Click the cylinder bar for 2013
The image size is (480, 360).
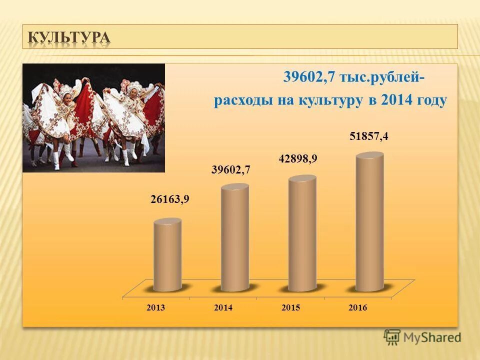pyautogui.click(x=167, y=255)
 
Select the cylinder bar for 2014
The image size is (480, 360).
pyautogui.click(x=234, y=238)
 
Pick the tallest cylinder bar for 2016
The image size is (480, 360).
pyautogui.click(x=370, y=222)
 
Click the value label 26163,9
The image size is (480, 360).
pyautogui.click(x=170, y=200)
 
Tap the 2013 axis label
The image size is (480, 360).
pyautogui.click(x=156, y=308)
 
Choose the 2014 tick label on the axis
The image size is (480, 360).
pyautogui.click(x=223, y=308)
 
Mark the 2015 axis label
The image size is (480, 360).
pyautogui.click(x=290, y=308)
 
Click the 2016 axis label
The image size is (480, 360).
pyautogui.click(x=358, y=308)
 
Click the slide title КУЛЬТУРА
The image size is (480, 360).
pyautogui.click(x=68, y=37)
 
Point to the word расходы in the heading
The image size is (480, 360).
pyautogui.click(x=242, y=100)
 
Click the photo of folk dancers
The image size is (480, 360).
pyautogui.click(x=93, y=117)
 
